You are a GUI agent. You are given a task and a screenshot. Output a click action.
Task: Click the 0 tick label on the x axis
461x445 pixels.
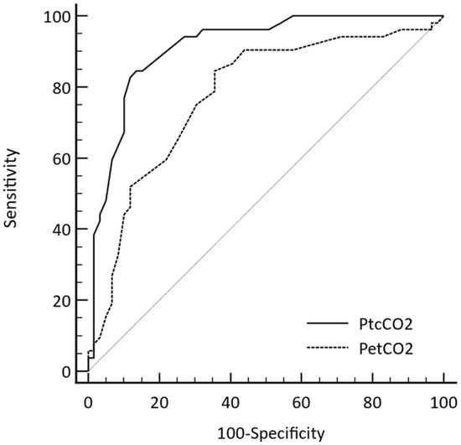[87, 402]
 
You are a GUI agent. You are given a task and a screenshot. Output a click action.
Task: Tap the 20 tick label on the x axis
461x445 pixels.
[158, 402]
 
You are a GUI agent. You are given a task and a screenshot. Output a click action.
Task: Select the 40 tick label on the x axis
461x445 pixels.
[230, 402]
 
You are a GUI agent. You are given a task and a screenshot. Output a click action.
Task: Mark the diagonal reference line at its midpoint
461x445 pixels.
[265, 194]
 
